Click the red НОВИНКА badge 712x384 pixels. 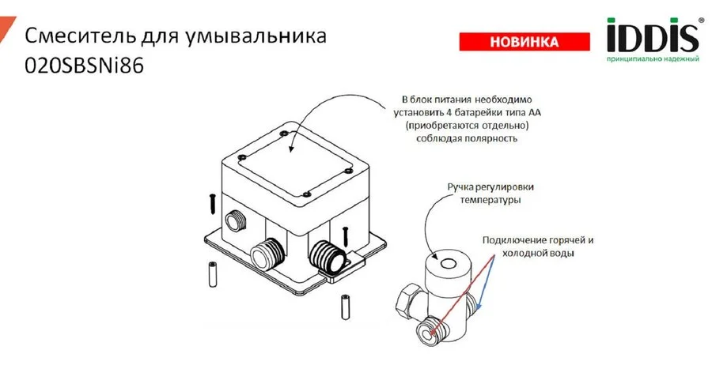(x=524, y=41)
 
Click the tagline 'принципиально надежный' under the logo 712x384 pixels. (x=653, y=60)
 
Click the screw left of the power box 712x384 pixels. (x=213, y=203)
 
